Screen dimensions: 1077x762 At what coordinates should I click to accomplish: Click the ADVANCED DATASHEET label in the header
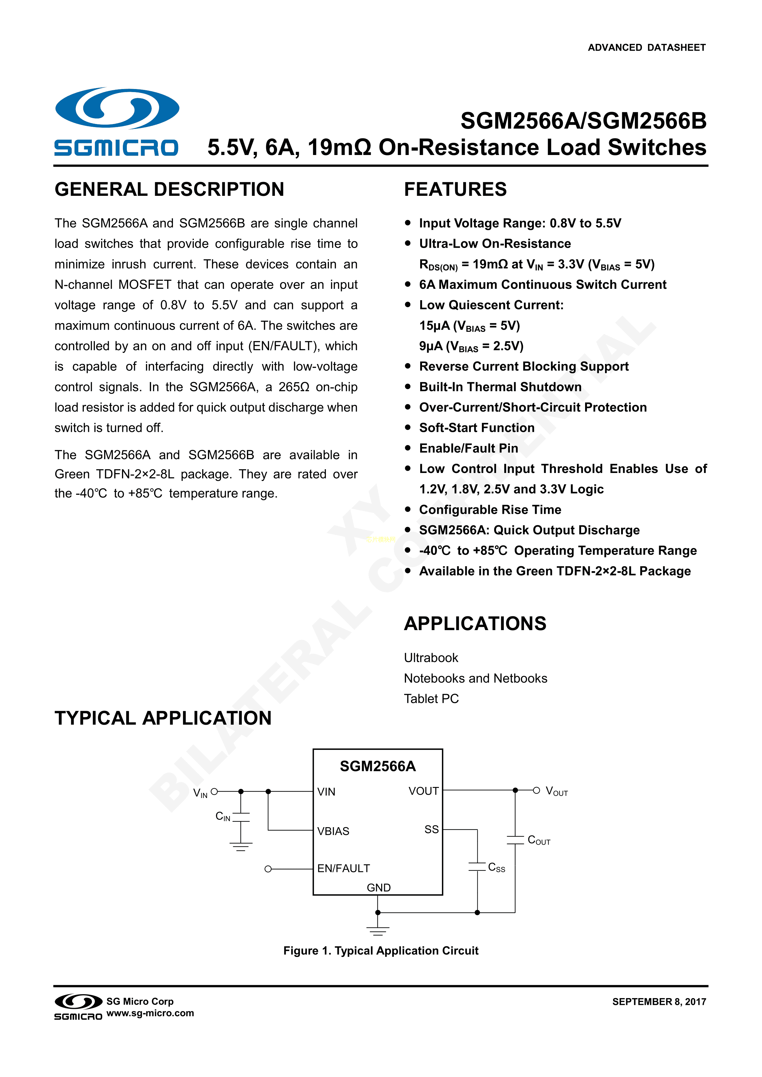[647, 47]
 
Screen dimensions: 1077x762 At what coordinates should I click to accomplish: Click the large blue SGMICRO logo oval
[117, 108]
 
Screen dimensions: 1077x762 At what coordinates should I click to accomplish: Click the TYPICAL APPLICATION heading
[163, 718]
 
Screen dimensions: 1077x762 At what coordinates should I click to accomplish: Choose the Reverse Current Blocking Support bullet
[523, 366]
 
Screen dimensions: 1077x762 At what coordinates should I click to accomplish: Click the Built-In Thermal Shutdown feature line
[500, 387]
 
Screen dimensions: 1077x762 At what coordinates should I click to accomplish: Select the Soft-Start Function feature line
[477, 428]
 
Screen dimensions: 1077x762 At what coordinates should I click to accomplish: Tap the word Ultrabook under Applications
[431, 658]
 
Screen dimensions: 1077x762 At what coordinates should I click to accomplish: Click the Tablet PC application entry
[431, 699]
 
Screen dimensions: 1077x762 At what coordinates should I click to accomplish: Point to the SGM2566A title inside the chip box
[377, 766]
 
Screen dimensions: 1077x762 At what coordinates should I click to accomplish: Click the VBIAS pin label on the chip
[333, 831]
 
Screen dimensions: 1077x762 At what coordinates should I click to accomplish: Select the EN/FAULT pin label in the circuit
[343, 868]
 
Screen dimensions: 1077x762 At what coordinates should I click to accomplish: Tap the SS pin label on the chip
[431, 829]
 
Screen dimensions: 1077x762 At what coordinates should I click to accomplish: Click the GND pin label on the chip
[378, 888]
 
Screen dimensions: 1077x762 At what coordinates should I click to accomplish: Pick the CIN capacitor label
[223, 816]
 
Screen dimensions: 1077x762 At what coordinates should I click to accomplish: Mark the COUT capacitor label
[538, 840]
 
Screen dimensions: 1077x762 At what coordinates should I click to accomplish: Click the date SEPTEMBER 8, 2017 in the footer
[659, 1001]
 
